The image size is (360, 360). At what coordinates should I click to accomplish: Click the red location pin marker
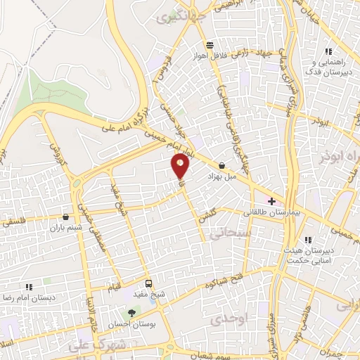tap(181, 167)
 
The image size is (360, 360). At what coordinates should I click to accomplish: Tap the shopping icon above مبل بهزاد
tap(222, 166)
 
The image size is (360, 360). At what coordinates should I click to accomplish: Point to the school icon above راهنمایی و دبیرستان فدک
tap(327, 51)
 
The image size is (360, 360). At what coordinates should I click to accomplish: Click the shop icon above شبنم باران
tap(65, 217)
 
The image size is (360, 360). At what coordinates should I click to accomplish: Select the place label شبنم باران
tap(65, 228)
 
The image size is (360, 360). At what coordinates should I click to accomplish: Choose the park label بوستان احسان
tap(130, 325)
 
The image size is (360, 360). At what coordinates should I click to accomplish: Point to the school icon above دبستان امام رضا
tap(29, 287)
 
